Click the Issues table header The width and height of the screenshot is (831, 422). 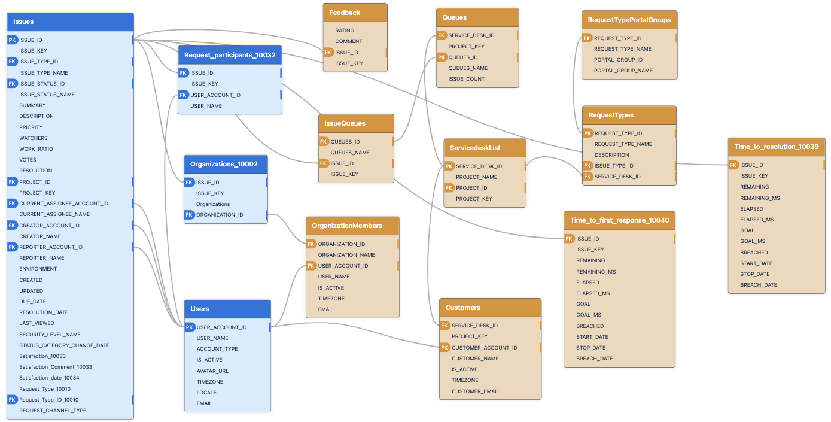[x=70, y=22]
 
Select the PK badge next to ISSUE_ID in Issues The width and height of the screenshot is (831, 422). [x=12, y=40]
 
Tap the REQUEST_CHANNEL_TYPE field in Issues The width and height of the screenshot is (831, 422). [x=53, y=411]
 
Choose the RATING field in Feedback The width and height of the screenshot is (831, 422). [x=345, y=31]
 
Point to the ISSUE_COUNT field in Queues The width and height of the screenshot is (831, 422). [x=467, y=79]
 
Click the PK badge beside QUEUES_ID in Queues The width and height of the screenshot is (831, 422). [x=442, y=57]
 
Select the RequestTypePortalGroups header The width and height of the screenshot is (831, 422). [x=629, y=20]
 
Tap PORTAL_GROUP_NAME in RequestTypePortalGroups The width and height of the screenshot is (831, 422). [x=623, y=71]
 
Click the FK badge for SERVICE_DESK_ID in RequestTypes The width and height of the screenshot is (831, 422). [x=588, y=177]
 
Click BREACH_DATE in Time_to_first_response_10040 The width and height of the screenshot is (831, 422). [x=594, y=359]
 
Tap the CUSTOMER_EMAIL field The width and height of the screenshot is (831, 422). [x=475, y=391]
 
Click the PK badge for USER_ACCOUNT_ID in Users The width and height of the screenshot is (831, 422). [x=190, y=327]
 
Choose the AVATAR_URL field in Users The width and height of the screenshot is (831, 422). [x=212, y=371]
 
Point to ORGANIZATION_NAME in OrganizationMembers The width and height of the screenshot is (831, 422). [x=346, y=255]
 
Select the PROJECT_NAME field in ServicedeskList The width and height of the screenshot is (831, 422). [x=476, y=177]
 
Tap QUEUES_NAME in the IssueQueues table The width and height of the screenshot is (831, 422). [x=350, y=153]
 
